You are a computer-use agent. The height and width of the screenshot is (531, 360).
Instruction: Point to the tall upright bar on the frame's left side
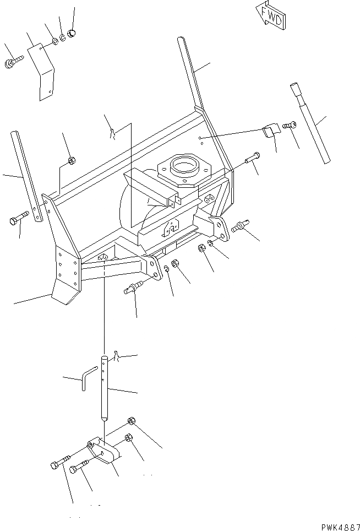(27, 176)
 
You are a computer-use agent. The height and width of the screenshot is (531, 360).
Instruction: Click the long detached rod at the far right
(311, 122)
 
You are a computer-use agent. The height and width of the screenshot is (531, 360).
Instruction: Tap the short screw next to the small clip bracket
(289, 126)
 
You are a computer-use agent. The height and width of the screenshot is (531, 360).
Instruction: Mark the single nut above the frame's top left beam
(71, 161)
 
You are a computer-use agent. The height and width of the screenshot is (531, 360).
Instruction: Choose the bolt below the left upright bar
(17, 220)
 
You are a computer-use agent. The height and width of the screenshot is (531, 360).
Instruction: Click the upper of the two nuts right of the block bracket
(132, 421)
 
